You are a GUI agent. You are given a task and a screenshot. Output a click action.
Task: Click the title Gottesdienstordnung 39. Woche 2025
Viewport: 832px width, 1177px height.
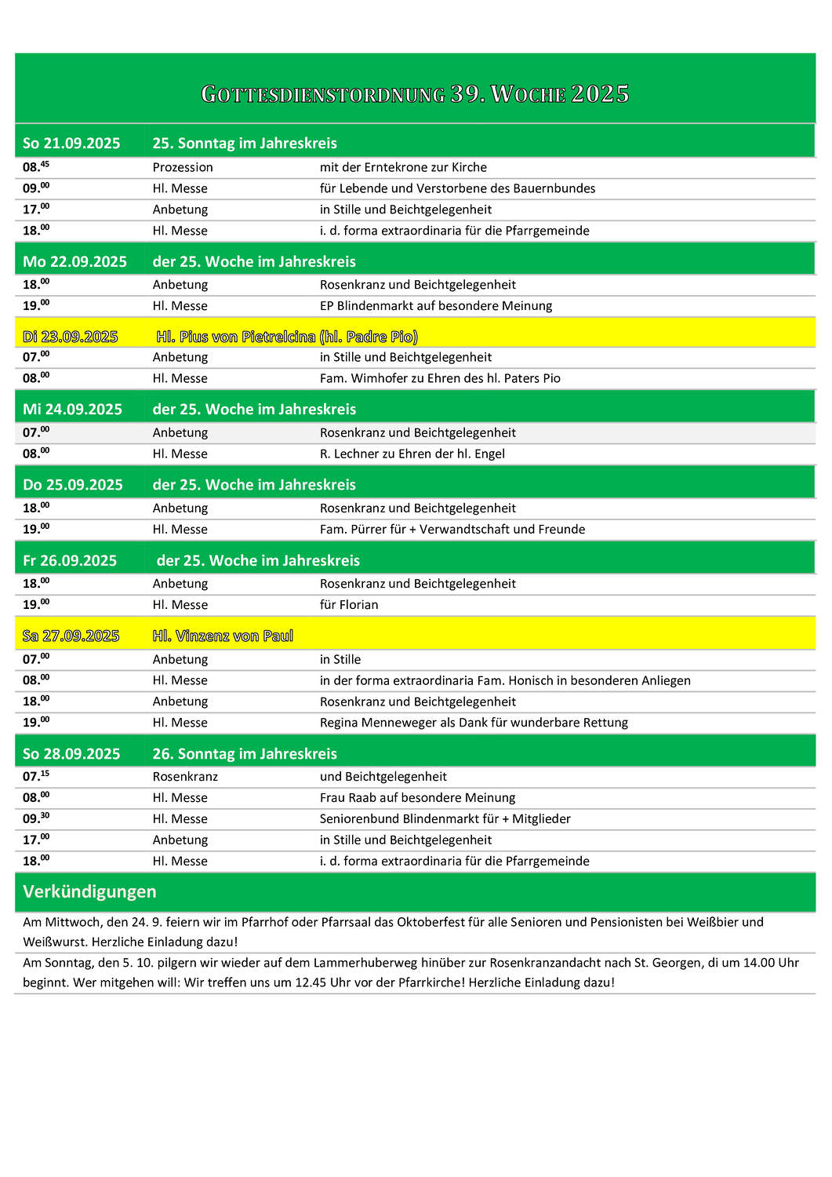(415, 94)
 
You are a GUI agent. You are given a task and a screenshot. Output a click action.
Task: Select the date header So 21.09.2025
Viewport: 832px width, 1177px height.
(71, 143)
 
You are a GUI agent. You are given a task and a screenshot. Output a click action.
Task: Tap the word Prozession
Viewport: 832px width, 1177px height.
(183, 167)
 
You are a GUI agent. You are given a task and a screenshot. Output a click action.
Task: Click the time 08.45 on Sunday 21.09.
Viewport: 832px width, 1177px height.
(35, 166)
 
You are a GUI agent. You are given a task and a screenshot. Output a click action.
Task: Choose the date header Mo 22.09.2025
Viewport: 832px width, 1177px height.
(74, 261)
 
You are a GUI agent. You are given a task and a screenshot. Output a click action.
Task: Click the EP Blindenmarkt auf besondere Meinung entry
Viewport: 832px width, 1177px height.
(435, 306)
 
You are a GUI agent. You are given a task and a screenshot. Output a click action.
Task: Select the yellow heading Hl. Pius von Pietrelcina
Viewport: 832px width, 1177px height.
(287, 337)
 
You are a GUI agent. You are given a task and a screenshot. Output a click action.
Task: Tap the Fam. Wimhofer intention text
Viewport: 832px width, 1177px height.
(440, 378)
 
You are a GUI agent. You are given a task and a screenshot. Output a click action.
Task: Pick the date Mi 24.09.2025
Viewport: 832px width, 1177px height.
(72, 409)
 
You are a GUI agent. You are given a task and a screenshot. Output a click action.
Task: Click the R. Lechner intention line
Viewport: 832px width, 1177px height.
(412, 454)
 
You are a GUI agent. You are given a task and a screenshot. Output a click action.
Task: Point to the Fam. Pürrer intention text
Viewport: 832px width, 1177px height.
(452, 529)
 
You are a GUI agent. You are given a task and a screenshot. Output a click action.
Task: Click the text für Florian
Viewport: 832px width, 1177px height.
(349, 605)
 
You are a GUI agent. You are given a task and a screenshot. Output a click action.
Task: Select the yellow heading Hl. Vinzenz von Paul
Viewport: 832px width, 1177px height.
(223, 636)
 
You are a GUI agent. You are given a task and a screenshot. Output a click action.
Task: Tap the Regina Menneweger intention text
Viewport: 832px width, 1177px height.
(474, 723)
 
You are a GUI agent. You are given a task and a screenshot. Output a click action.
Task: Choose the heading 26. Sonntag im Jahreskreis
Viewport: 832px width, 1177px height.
(245, 753)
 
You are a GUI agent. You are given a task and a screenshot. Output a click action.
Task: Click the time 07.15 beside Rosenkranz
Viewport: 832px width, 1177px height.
(35, 776)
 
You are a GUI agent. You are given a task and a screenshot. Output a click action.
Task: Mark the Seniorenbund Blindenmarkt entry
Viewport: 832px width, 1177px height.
(445, 819)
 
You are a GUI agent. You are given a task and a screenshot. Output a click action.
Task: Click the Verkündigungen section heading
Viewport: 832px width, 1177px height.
(89, 891)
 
